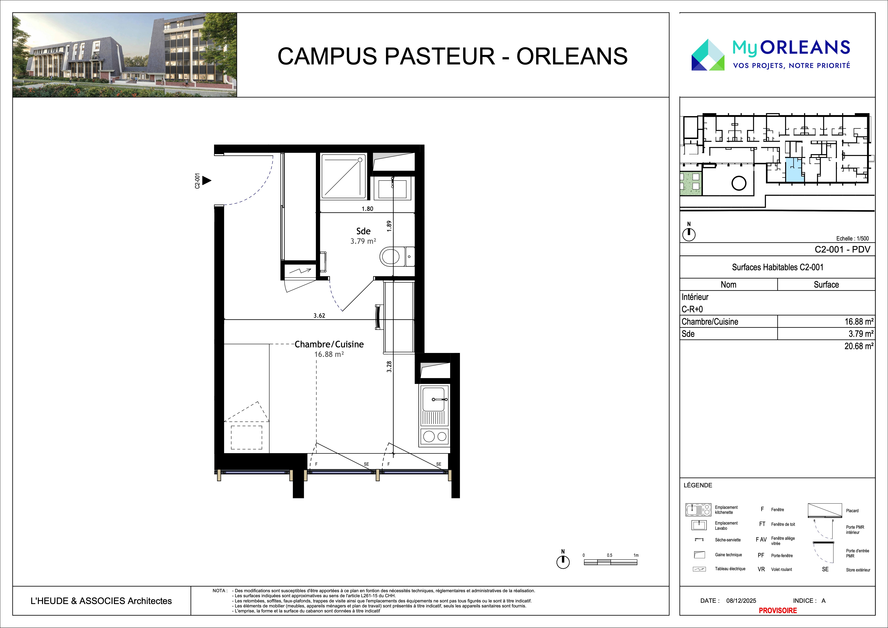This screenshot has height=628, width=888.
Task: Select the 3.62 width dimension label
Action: click(319, 316)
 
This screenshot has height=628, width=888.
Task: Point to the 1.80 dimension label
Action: click(367, 209)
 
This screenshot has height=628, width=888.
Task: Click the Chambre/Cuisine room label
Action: click(329, 344)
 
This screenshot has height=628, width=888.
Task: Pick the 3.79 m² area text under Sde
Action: click(363, 241)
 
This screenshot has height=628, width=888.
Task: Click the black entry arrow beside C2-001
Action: click(207, 180)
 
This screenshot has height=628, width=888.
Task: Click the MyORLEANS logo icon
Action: click(708, 55)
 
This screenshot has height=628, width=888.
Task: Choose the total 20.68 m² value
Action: click(859, 346)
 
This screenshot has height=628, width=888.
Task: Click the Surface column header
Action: click(826, 285)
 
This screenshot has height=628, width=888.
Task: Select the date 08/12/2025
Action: click(741, 601)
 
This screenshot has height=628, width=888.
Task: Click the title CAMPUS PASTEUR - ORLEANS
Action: click(453, 56)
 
